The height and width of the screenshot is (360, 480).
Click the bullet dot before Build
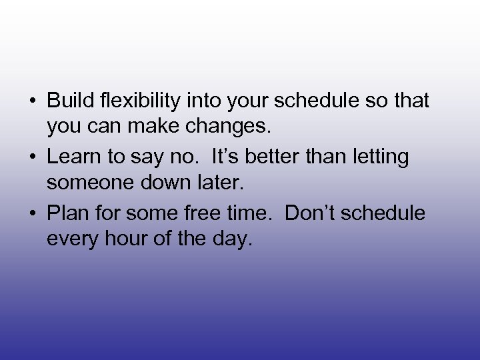tap(32, 102)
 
